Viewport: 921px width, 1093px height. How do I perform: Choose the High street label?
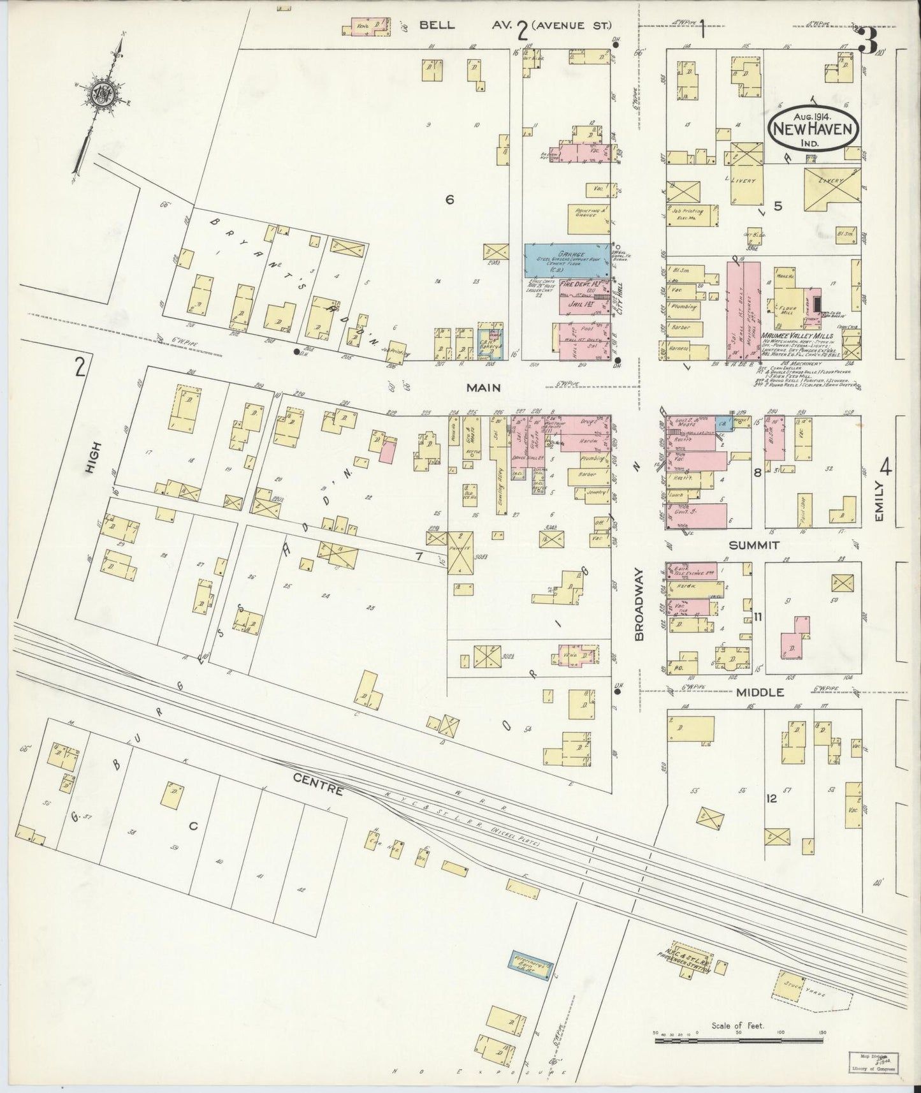pyautogui.click(x=89, y=458)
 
